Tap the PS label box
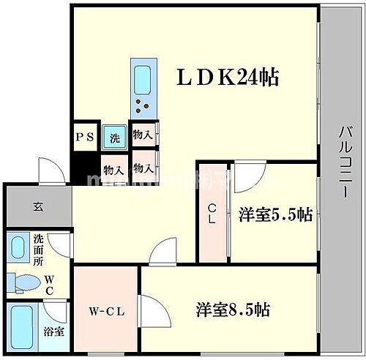coord(85,137)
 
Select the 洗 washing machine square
coord(114,136)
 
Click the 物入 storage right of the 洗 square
coord(143,135)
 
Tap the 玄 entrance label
coord(36,206)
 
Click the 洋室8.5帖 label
coord(233,310)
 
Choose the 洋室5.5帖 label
coord(275,214)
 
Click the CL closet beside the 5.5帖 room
coord(212,212)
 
